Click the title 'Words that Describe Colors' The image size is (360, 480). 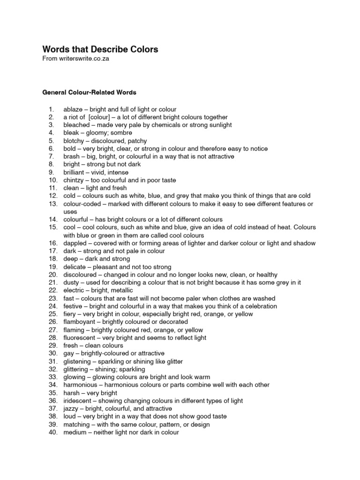(100, 49)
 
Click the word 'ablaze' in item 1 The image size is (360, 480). (73, 109)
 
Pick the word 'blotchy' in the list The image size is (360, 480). (74, 141)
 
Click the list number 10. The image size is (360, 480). (52, 180)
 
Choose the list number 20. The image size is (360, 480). (52, 275)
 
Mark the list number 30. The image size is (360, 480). (52, 353)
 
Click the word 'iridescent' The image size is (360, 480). (78, 401)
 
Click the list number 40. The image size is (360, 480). (52, 432)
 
